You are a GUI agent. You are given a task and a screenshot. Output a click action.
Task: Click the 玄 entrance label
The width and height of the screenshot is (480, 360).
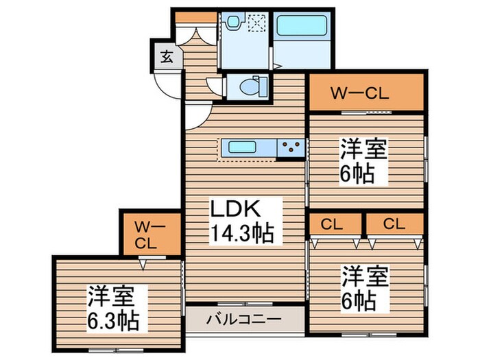click(167, 57)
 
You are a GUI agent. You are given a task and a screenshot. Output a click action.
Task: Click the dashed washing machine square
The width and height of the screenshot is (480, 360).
click(256, 24)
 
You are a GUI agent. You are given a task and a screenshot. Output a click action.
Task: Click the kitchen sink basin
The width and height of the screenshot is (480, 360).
click(243, 147)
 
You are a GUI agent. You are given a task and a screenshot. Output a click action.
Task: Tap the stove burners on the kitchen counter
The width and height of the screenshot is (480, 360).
click(291, 147)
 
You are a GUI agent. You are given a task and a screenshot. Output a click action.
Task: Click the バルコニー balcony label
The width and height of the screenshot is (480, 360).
click(244, 320)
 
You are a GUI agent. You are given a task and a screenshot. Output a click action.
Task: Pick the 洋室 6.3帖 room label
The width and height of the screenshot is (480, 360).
click(113, 308)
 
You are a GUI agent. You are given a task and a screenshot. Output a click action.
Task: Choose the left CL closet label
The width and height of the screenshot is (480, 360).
click(335, 223)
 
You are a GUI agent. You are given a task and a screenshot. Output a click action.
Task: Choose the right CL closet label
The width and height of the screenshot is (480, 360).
click(394, 223)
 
